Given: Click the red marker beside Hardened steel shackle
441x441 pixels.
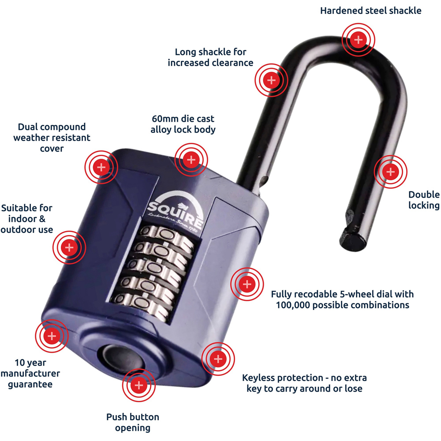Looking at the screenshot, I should pyautogui.click(x=359, y=40).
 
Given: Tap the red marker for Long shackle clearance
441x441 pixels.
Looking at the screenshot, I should pyautogui.click(x=271, y=80).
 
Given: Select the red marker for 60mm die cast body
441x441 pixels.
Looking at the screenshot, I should pyautogui.click(x=191, y=159).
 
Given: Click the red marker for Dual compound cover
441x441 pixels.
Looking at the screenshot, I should pyautogui.click(x=101, y=167).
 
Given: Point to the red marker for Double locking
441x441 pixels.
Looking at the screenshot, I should pyautogui.click(x=390, y=172).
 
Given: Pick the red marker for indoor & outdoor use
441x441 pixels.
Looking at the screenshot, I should pyautogui.click(x=69, y=247).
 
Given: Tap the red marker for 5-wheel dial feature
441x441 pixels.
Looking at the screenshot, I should pyautogui.click(x=247, y=284).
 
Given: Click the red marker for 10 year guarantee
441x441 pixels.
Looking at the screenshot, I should pyautogui.click(x=52, y=336).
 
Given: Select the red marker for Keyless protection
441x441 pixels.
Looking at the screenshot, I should pyautogui.click(x=218, y=358).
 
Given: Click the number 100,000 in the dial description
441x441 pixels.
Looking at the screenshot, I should pyautogui.click(x=295, y=305).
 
